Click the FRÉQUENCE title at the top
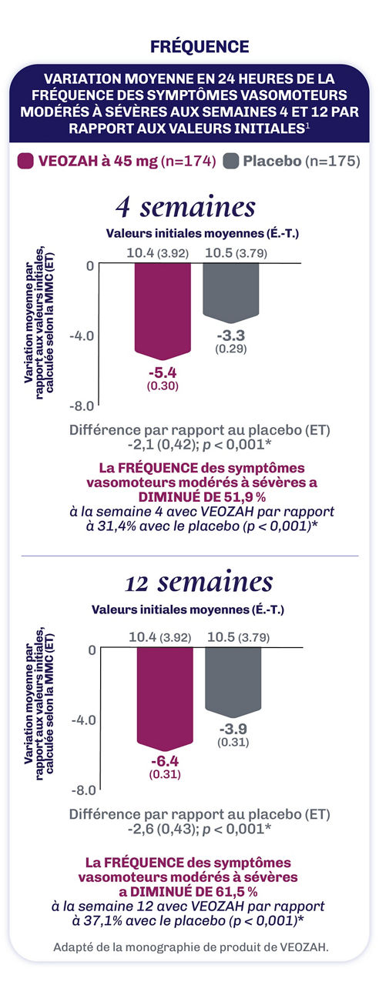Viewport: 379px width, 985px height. [x=189, y=47]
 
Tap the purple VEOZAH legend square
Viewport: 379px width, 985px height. [x=25, y=162]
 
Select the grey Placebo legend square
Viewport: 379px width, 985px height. [x=230, y=162]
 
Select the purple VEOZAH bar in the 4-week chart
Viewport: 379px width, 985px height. [x=161, y=308]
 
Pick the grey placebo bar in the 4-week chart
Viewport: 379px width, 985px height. [x=229, y=291]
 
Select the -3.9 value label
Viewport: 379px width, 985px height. [x=231, y=729]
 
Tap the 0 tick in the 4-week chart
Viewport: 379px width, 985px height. [x=89, y=265]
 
